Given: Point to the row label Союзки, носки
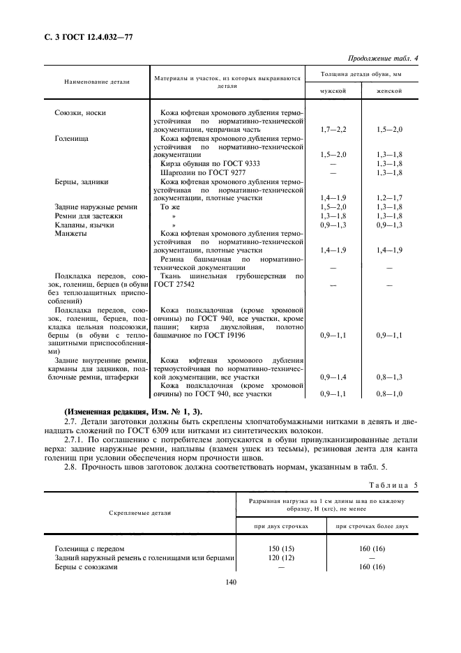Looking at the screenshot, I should pyautogui.click(x=80, y=112).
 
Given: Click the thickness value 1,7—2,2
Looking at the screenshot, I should pyautogui.click(x=331, y=130).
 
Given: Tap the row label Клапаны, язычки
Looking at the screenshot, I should pyautogui.click(x=84, y=225).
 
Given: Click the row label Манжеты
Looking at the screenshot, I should pyautogui.click(x=70, y=234).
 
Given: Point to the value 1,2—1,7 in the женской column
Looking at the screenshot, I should pyautogui.click(x=389, y=198).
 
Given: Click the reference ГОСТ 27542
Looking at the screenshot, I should pyautogui.click(x=176, y=285).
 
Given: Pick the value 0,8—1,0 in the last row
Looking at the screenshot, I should pyautogui.click(x=389, y=393).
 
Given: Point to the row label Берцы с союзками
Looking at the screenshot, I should pyautogui.click(x=86, y=566).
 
